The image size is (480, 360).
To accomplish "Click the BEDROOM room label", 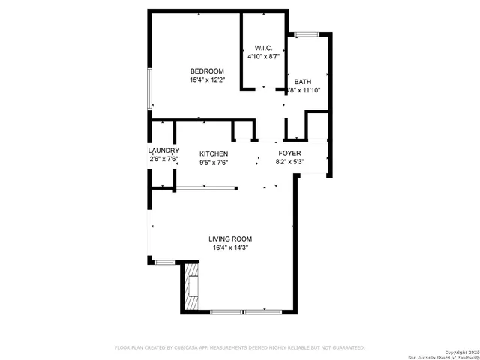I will [x=206, y=71].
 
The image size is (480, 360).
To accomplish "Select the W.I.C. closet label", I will [x=262, y=48].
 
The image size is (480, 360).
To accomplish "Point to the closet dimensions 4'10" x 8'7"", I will [x=262, y=56].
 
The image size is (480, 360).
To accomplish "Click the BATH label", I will [x=303, y=82].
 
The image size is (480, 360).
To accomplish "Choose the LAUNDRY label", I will [x=163, y=150].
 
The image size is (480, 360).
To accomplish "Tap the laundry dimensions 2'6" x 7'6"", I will [x=163, y=158].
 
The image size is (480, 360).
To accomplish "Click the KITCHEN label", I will [x=214, y=154].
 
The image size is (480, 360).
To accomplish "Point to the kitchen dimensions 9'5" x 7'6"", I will [x=214, y=162].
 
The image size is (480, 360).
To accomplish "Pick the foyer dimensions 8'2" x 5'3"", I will [x=289, y=161].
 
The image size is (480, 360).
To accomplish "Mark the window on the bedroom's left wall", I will [x=150, y=89].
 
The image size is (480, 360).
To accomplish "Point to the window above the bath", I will [x=305, y=34].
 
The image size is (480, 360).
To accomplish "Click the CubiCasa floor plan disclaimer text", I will [x=239, y=347].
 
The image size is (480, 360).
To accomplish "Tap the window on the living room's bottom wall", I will [x=243, y=310].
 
